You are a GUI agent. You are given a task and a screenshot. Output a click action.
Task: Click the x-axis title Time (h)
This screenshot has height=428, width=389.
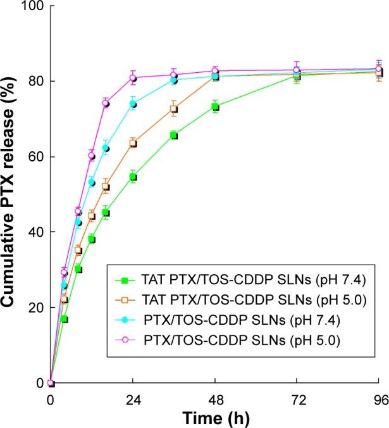215,419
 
